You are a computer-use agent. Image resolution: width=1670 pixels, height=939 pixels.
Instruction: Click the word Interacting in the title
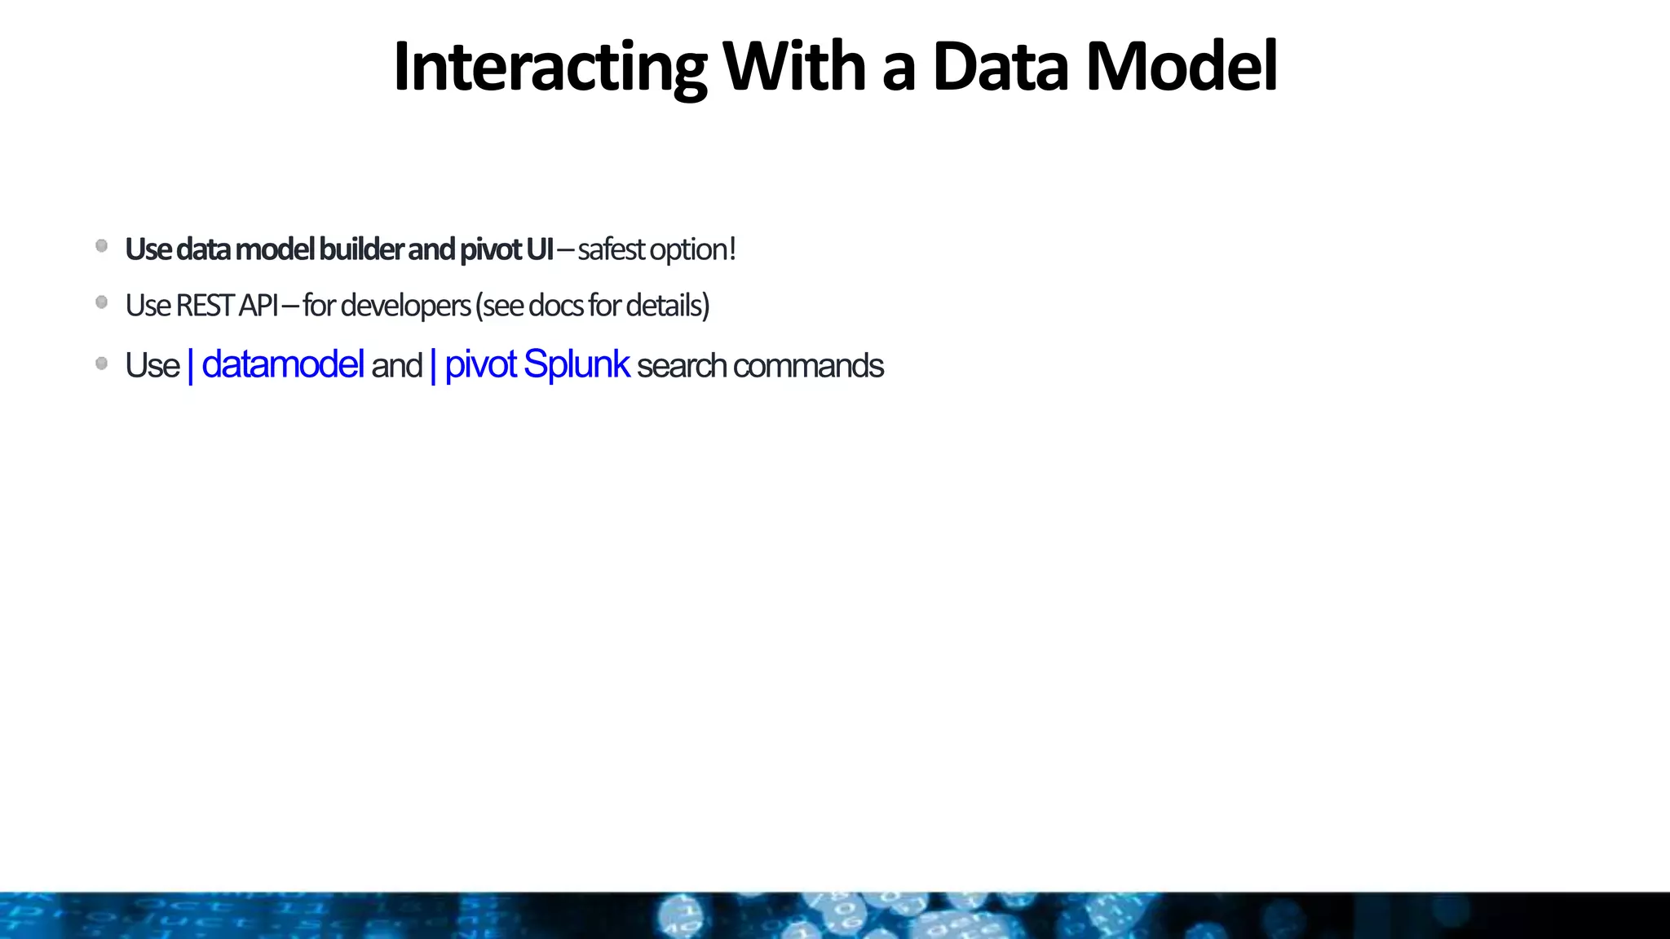click(550, 67)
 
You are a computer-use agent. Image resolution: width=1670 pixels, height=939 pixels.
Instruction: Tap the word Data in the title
click(999, 67)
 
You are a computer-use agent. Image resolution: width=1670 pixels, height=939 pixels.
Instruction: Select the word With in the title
click(793, 67)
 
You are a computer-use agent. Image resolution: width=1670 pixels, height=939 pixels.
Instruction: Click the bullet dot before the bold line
click(102, 246)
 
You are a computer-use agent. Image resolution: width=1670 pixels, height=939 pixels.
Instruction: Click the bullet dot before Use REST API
click(102, 302)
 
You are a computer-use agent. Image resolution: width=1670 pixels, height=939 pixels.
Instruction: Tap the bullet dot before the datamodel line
click(102, 364)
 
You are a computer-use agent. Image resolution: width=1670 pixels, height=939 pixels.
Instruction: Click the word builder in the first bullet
click(361, 249)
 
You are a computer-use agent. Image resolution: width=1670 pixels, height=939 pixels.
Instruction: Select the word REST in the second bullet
click(205, 306)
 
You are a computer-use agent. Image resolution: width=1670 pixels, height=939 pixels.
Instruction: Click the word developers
click(405, 306)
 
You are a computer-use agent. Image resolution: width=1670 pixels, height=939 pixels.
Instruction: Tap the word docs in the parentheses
click(556, 306)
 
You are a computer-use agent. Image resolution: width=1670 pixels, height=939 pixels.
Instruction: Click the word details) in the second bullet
click(668, 306)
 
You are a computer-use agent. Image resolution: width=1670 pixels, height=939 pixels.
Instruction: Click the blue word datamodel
click(282, 364)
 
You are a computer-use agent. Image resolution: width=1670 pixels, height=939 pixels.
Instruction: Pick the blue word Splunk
click(576, 364)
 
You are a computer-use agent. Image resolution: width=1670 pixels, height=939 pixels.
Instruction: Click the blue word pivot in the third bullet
click(480, 364)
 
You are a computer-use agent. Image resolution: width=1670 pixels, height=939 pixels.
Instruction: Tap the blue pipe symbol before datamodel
click(191, 366)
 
